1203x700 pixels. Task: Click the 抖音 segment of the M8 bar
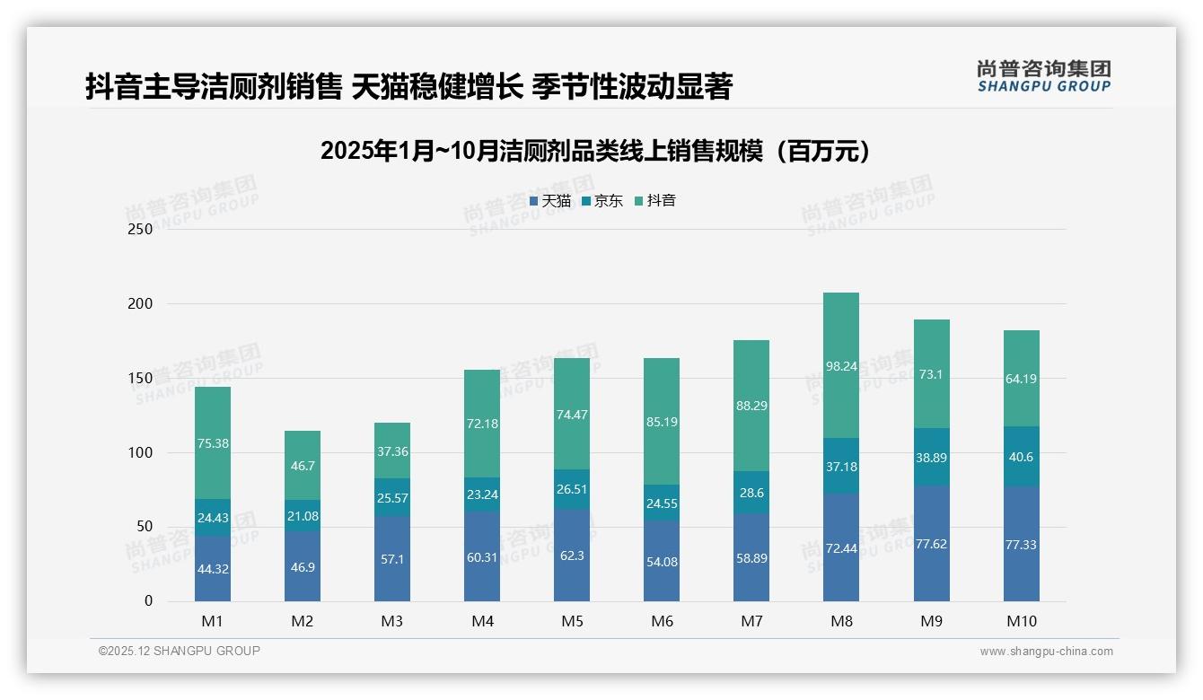tap(841, 365)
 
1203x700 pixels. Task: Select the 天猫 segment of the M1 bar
tap(213, 568)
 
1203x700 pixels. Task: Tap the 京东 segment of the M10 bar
tap(1022, 456)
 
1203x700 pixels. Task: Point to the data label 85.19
tap(662, 422)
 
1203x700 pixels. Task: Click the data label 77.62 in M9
tap(932, 544)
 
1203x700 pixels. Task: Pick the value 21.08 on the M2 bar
tap(303, 515)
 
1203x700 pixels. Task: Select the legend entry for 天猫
tap(550, 201)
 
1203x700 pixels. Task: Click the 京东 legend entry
tap(602, 201)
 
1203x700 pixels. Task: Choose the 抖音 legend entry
tap(655, 201)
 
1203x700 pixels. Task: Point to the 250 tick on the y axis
tap(141, 229)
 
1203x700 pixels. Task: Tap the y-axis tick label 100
tap(141, 452)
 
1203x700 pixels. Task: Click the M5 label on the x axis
tap(572, 621)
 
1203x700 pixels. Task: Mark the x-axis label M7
tap(751, 621)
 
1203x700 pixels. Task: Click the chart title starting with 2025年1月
tap(595, 151)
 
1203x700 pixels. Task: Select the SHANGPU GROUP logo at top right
tap(1043, 76)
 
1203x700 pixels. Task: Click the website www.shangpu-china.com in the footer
tap(1046, 652)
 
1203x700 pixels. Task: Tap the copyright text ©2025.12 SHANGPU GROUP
tap(180, 651)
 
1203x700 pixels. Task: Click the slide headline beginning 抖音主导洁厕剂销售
tap(408, 86)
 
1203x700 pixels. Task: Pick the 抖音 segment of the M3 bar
tap(392, 451)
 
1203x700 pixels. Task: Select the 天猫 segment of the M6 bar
tap(662, 561)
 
